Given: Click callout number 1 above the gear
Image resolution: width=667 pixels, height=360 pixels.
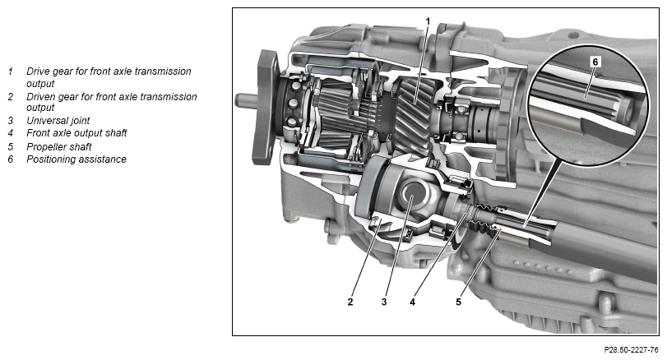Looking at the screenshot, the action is [428, 21].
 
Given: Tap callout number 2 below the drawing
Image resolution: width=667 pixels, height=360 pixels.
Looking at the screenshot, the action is [350, 302].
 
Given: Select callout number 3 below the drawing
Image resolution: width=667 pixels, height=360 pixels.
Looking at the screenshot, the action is [384, 302].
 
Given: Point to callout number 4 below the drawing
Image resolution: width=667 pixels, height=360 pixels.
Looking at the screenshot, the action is [412, 302].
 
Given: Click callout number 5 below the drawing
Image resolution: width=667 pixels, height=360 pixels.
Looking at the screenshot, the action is [458, 302].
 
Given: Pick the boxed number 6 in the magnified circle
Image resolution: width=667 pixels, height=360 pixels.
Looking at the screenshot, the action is [595, 62].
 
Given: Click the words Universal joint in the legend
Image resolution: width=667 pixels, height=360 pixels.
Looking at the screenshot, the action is [58, 121].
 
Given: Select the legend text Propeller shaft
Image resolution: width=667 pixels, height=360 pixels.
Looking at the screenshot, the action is [59, 147].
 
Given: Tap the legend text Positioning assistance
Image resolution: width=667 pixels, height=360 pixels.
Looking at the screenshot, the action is [76, 159].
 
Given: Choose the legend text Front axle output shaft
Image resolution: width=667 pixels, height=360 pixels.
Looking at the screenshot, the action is [76, 133].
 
